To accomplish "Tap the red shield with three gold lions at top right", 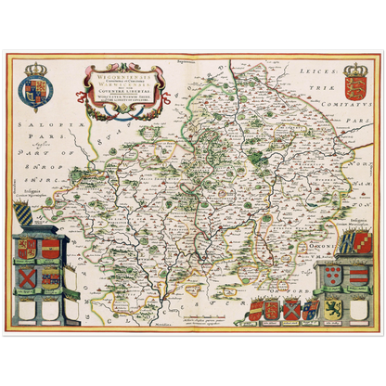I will [x=356, y=95].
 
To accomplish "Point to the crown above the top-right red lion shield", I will [x=356, y=71].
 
